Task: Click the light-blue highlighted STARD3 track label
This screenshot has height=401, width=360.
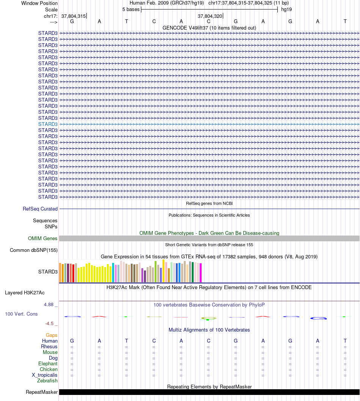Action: point(48,124)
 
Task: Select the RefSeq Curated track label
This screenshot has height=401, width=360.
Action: point(40,209)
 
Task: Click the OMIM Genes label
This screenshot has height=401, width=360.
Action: point(43,239)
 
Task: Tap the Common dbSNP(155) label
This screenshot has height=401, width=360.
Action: point(34,250)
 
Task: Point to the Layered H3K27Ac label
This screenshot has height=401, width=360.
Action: point(25,292)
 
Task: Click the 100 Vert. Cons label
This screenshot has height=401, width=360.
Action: point(21,314)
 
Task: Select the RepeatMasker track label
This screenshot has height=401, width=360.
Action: point(42,392)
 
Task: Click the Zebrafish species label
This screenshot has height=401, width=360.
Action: point(47,381)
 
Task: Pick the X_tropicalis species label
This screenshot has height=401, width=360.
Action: point(45,375)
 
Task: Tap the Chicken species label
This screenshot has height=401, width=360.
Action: point(49,369)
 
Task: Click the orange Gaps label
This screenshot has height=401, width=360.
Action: point(52,335)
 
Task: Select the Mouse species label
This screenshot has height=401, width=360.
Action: point(50,352)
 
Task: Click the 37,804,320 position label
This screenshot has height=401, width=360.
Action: point(210,16)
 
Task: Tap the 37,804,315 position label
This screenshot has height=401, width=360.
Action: point(74,16)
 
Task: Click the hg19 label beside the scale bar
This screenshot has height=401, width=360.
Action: point(286,9)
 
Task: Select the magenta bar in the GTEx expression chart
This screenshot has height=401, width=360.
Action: point(201,273)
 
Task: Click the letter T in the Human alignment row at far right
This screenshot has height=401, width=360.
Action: point(345,341)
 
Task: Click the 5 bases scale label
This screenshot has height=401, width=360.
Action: point(131,9)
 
